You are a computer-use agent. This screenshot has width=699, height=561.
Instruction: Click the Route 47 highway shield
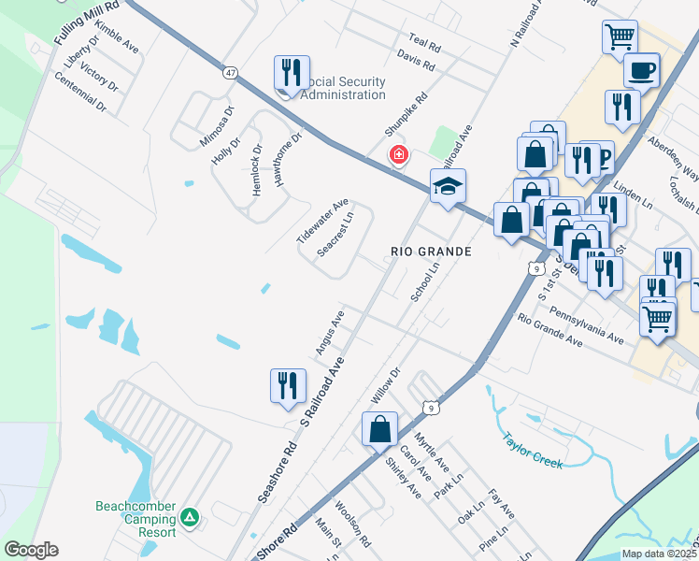click(230, 70)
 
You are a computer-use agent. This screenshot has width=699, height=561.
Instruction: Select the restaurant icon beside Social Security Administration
click(292, 74)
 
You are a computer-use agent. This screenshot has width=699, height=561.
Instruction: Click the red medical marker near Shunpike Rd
click(399, 154)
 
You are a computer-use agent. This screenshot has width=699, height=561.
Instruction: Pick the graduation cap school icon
click(448, 186)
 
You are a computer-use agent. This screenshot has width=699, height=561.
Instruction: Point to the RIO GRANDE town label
click(431, 252)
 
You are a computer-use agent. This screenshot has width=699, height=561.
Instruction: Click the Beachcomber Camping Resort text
click(136, 519)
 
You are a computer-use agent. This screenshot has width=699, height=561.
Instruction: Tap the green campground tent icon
click(190, 516)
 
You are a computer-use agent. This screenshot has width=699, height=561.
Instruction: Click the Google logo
click(31, 550)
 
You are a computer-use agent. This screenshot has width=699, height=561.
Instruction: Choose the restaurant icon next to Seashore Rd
click(288, 386)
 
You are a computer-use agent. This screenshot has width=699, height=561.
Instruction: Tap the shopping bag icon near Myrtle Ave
click(379, 430)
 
